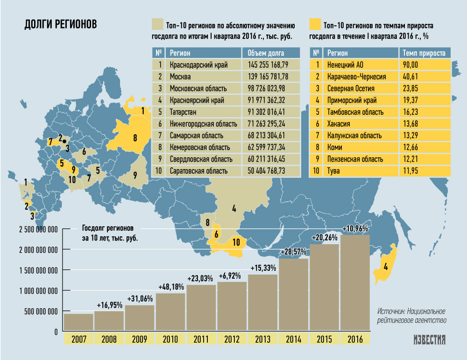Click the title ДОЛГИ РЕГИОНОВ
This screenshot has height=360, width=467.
coord(61,24)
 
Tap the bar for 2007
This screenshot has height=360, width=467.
coord(78,322)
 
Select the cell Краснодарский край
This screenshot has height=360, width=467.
coord(198,65)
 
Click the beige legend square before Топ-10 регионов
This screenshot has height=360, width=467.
coord(157,24)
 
